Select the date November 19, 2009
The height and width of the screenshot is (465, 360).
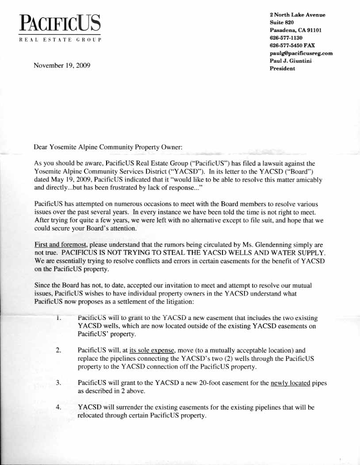tap(62, 65)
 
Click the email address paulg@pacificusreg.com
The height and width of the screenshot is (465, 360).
tap(301, 53)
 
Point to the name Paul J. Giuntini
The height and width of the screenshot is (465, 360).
tap(291, 61)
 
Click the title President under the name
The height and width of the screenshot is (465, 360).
tap(282, 69)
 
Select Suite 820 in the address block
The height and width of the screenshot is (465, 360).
tap(282, 22)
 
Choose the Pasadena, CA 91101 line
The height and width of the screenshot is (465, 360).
tap(295, 30)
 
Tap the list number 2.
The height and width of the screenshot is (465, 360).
tap(58, 350)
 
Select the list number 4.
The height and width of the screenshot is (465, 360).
tap(58, 407)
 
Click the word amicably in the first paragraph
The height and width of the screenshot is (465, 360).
tap(306, 180)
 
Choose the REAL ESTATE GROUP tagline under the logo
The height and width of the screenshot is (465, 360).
tap(60, 40)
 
